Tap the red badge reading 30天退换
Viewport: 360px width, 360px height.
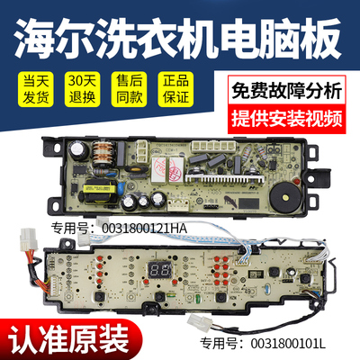[82, 91]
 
